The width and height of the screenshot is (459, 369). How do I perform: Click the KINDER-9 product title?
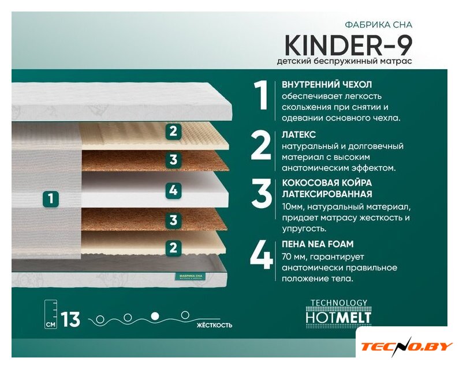(348, 46)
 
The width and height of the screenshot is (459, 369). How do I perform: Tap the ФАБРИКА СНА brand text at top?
(379, 25)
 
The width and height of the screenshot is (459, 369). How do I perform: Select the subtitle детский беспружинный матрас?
(345, 61)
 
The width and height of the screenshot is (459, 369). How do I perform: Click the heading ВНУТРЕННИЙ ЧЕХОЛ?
(327, 85)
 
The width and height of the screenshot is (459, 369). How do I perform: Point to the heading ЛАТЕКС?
(298, 134)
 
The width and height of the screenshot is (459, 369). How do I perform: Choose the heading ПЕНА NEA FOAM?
(318, 244)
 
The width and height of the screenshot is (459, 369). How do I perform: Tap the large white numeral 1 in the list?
(260, 95)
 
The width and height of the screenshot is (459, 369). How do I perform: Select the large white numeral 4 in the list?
(261, 255)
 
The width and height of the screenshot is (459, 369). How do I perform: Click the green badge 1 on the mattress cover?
(51, 199)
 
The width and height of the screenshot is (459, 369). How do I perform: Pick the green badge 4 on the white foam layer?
(173, 190)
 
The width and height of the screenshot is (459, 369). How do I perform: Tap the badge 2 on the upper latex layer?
(173, 131)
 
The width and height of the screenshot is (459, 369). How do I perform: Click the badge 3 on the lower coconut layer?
(173, 220)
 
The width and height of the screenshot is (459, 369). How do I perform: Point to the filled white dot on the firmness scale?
(155, 316)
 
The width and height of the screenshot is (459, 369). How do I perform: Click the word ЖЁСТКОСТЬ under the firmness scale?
(215, 325)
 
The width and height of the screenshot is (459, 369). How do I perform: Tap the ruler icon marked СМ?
(51, 315)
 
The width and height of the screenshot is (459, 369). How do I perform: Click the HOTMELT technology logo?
(338, 312)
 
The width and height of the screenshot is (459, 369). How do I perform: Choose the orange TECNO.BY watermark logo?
(407, 346)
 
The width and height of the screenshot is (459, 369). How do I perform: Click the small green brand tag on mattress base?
(191, 277)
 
